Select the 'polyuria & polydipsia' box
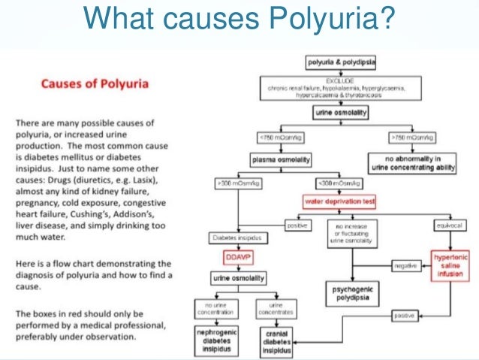coord(339,62)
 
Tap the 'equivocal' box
coord(449,224)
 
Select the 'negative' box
coord(405,265)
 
